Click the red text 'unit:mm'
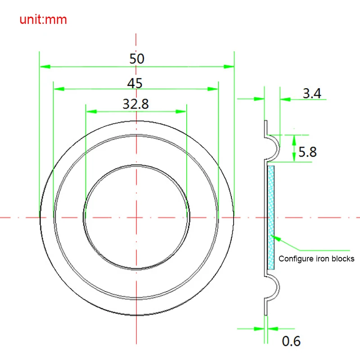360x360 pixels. coord(43,20)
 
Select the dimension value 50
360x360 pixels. coord(137,58)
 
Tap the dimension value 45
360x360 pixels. coord(135,83)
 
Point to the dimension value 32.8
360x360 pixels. coord(136,104)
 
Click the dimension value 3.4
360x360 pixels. coord(311,94)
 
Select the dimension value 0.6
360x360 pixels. coord(291,342)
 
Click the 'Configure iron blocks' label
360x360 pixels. coord(316,259)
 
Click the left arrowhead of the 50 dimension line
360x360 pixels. coord(44,67)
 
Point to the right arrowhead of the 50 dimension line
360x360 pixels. coord(230,67)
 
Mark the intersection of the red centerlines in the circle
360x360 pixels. coord(136,217)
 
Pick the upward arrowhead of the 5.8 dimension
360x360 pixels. coord(293,138)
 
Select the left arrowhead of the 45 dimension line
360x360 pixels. coord(58,89)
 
